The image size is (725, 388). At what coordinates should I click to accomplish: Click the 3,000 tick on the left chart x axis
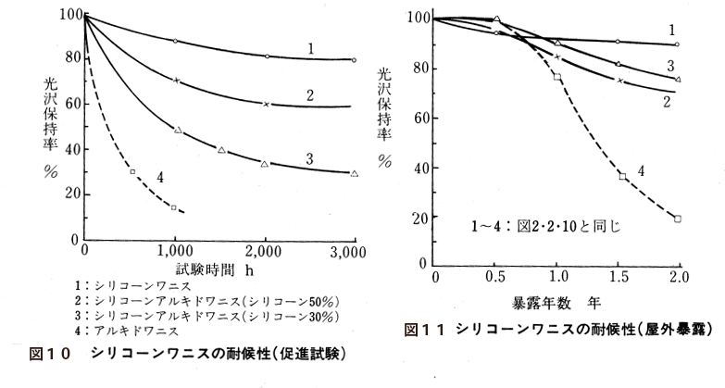(x=354, y=251)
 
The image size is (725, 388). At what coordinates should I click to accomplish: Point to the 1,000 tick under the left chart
(x=174, y=251)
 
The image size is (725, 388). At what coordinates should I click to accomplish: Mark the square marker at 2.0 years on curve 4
(x=678, y=219)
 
